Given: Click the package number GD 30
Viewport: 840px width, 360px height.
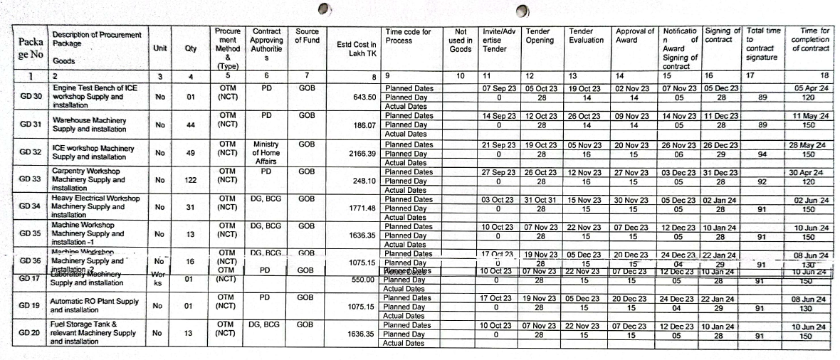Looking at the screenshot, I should (30, 97).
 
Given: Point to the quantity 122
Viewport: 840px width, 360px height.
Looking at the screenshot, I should (190, 181).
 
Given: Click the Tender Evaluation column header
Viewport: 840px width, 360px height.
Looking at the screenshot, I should (587, 36).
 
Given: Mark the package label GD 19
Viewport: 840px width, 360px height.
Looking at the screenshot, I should (30, 307).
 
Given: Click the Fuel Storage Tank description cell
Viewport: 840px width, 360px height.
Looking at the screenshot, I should (93, 334).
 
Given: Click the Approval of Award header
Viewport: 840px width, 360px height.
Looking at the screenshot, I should (634, 36).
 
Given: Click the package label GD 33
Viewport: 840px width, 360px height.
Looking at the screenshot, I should (30, 181).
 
